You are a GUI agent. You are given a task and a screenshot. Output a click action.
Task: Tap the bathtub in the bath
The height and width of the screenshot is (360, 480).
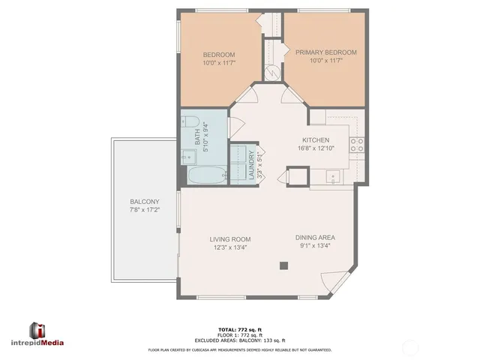click(x=205, y=178)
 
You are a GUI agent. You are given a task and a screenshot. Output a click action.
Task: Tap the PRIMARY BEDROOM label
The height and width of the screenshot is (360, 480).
click(x=325, y=52)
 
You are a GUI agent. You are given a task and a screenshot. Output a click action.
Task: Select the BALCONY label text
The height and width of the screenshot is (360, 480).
click(x=143, y=202)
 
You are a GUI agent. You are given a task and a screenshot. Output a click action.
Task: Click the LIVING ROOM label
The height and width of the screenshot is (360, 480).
click(x=229, y=238)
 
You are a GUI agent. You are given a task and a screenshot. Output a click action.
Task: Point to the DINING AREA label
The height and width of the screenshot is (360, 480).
click(x=315, y=238)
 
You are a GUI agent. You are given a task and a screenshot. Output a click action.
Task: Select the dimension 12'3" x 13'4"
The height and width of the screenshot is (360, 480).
click(x=229, y=246)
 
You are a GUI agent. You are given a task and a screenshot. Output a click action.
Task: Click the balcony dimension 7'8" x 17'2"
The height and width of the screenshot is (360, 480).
click(x=143, y=210)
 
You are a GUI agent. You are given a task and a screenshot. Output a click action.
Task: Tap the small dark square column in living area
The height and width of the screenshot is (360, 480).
click(x=283, y=265)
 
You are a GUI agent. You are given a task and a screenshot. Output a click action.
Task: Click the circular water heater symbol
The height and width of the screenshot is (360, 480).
click(x=271, y=73)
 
